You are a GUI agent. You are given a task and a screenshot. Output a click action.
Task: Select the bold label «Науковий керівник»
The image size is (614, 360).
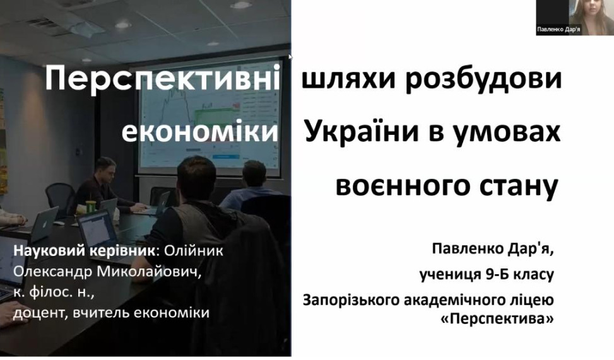tap(84, 251)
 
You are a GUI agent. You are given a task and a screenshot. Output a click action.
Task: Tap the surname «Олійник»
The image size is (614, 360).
tap(194, 250)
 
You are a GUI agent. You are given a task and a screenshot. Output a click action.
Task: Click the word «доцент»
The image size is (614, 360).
tap(41, 313)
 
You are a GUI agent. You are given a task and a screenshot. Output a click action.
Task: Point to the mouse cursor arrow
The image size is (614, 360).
tap(290, 57)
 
